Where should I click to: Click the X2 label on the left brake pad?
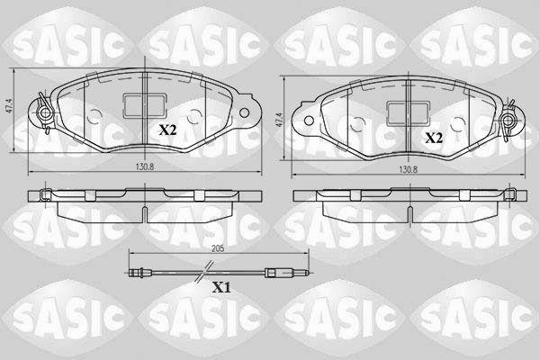[167, 130]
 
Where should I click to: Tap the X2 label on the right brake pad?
[434, 138]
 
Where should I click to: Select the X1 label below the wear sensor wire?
[221, 287]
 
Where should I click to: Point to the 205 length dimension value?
[218, 248]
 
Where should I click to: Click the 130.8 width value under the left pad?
[145, 166]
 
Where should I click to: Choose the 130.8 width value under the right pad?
[408, 169]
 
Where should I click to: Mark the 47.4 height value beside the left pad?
[9, 107]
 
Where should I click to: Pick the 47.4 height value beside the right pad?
[280, 120]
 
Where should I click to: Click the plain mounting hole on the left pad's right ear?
[244, 112]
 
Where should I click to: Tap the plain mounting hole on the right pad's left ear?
[309, 121]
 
